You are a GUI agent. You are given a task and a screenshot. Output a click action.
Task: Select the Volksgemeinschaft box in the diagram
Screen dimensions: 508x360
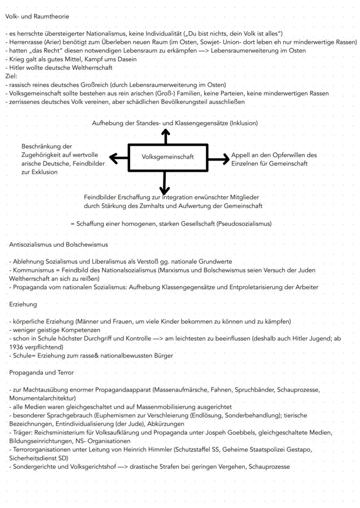coord(168,157)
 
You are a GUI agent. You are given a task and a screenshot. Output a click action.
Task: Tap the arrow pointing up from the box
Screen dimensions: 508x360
coord(165,136)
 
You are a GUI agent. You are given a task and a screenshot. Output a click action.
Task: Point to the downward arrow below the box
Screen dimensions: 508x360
coord(164,183)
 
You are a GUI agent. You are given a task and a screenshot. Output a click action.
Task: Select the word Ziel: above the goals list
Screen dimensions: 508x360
coord(11,76)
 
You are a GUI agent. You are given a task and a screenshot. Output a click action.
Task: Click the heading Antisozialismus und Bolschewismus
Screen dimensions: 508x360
coord(58,245)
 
